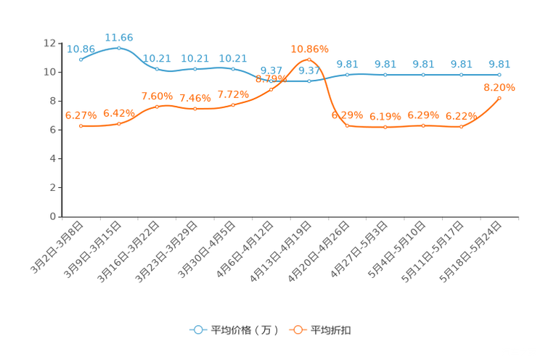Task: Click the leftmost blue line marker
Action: [81, 60]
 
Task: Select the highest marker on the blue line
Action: [119, 48]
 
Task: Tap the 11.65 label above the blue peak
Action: [119, 36]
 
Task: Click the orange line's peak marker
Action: [309, 60]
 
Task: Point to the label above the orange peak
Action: [310, 49]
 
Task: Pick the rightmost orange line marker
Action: [499, 98]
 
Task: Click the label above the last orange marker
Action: [499, 87]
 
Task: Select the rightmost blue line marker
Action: [499, 75]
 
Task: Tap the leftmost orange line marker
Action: [81, 126]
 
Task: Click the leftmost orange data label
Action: [81, 115]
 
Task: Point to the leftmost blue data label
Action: [81, 49]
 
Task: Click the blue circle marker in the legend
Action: [197, 330]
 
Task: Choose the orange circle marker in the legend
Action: [297, 330]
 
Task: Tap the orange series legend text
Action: [332, 330]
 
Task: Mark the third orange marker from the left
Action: [157, 107]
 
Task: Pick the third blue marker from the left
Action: [157, 69]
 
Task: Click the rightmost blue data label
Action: [499, 64]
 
